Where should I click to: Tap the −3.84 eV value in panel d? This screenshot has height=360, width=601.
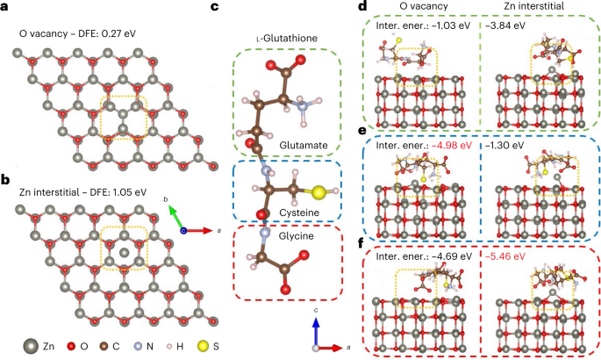[506, 25]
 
